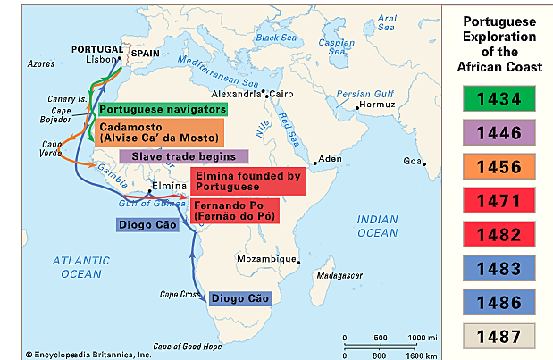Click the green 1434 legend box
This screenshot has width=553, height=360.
499,96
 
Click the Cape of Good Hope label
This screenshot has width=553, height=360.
187,346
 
